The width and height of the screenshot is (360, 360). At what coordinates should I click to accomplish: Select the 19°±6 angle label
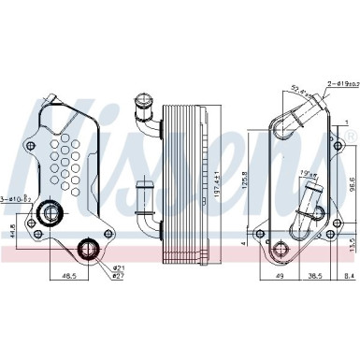[x=308, y=173]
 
